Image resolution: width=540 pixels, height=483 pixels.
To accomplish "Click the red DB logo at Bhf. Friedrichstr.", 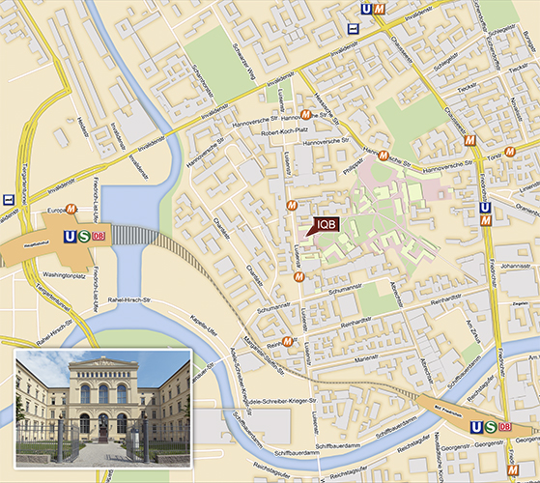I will click(x=504, y=427).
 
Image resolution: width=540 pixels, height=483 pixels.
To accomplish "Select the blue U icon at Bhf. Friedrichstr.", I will click(x=473, y=427).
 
